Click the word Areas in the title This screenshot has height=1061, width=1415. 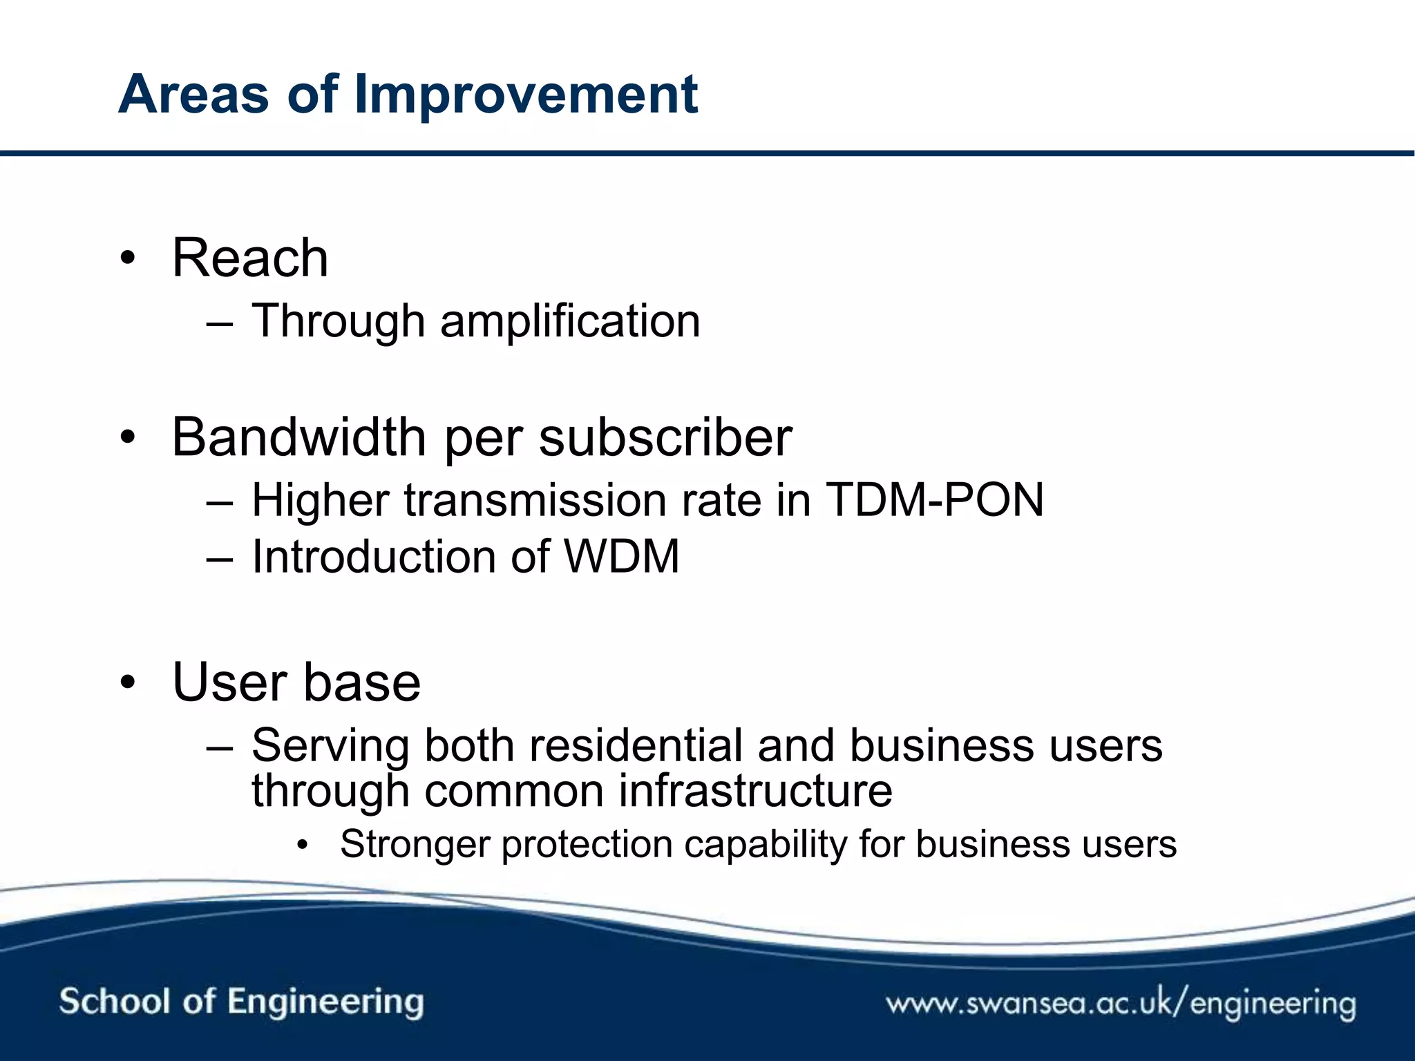(193, 95)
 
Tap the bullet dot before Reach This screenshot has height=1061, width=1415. (128, 258)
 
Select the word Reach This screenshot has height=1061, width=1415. (250, 258)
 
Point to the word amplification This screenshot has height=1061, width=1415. (570, 321)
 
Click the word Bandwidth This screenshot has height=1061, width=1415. (298, 437)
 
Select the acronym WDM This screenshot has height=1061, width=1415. (622, 557)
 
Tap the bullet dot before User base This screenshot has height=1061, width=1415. (128, 682)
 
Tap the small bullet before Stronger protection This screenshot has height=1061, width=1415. (301, 845)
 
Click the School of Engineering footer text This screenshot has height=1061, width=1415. (241, 1002)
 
